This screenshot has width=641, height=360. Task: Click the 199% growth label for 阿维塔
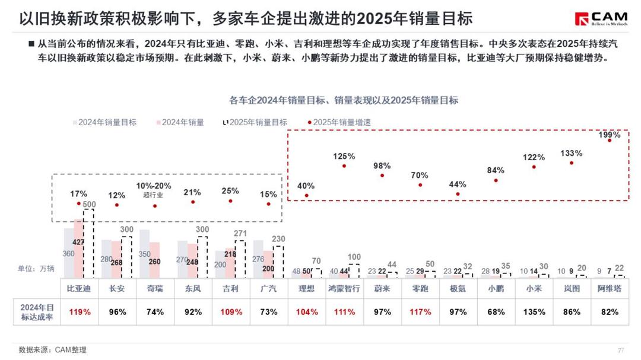[610, 135]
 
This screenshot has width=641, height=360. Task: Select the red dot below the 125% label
[344, 165]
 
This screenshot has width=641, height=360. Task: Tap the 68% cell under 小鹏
[496, 312]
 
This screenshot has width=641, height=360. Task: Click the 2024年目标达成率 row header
[37, 312]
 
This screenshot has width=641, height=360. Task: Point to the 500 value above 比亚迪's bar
[89, 205]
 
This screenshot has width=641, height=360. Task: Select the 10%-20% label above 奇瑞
[154, 186]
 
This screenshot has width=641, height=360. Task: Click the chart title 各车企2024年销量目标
[344, 100]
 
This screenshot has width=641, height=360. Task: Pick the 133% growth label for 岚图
[572, 153]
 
